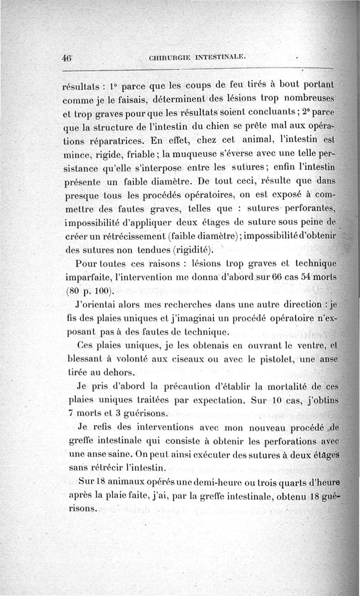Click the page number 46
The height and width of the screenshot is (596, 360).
click(67, 58)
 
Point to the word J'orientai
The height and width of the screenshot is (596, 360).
click(98, 305)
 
